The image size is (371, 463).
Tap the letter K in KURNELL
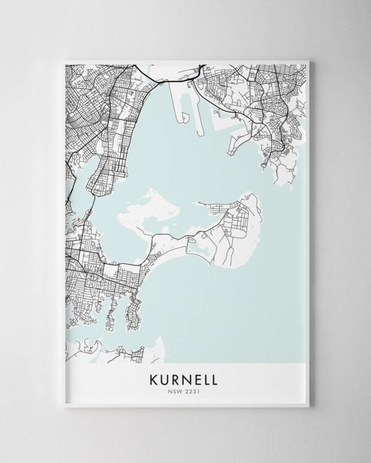pyautogui.click(x=153, y=378)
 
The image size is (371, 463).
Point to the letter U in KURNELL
pyautogui.click(x=164, y=378)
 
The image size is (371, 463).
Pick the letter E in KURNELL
pyautogui.click(x=197, y=378)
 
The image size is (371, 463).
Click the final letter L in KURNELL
pyautogui.click(x=216, y=378)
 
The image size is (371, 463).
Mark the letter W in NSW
pyautogui.click(x=181, y=390)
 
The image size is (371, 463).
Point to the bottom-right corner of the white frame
pyautogui.click(x=309, y=406)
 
